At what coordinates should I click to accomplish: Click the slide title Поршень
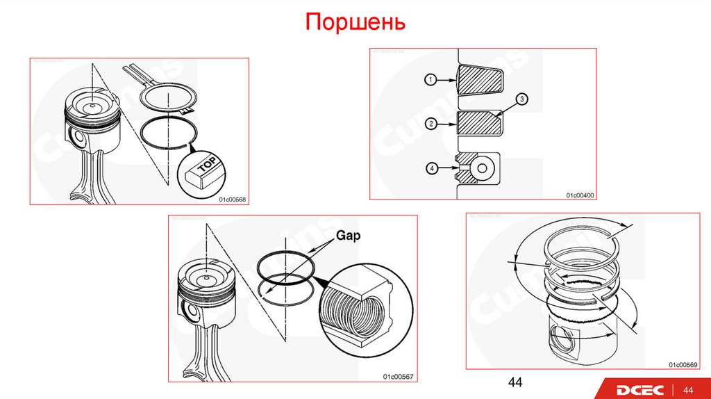(355, 23)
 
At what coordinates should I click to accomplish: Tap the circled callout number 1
(430, 80)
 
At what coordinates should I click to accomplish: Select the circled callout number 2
(430, 124)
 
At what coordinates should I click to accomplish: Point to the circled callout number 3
(522, 99)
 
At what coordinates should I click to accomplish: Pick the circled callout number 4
(430, 168)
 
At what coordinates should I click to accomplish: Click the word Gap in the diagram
(349, 236)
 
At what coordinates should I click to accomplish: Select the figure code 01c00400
(579, 195)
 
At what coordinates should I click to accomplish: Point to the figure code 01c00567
(398, 376)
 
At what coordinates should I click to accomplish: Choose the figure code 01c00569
(683, 364)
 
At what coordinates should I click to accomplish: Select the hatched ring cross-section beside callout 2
(480, 124)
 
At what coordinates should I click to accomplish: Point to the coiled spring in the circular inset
(358, 309)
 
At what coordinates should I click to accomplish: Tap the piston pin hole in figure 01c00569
(562, 343)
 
